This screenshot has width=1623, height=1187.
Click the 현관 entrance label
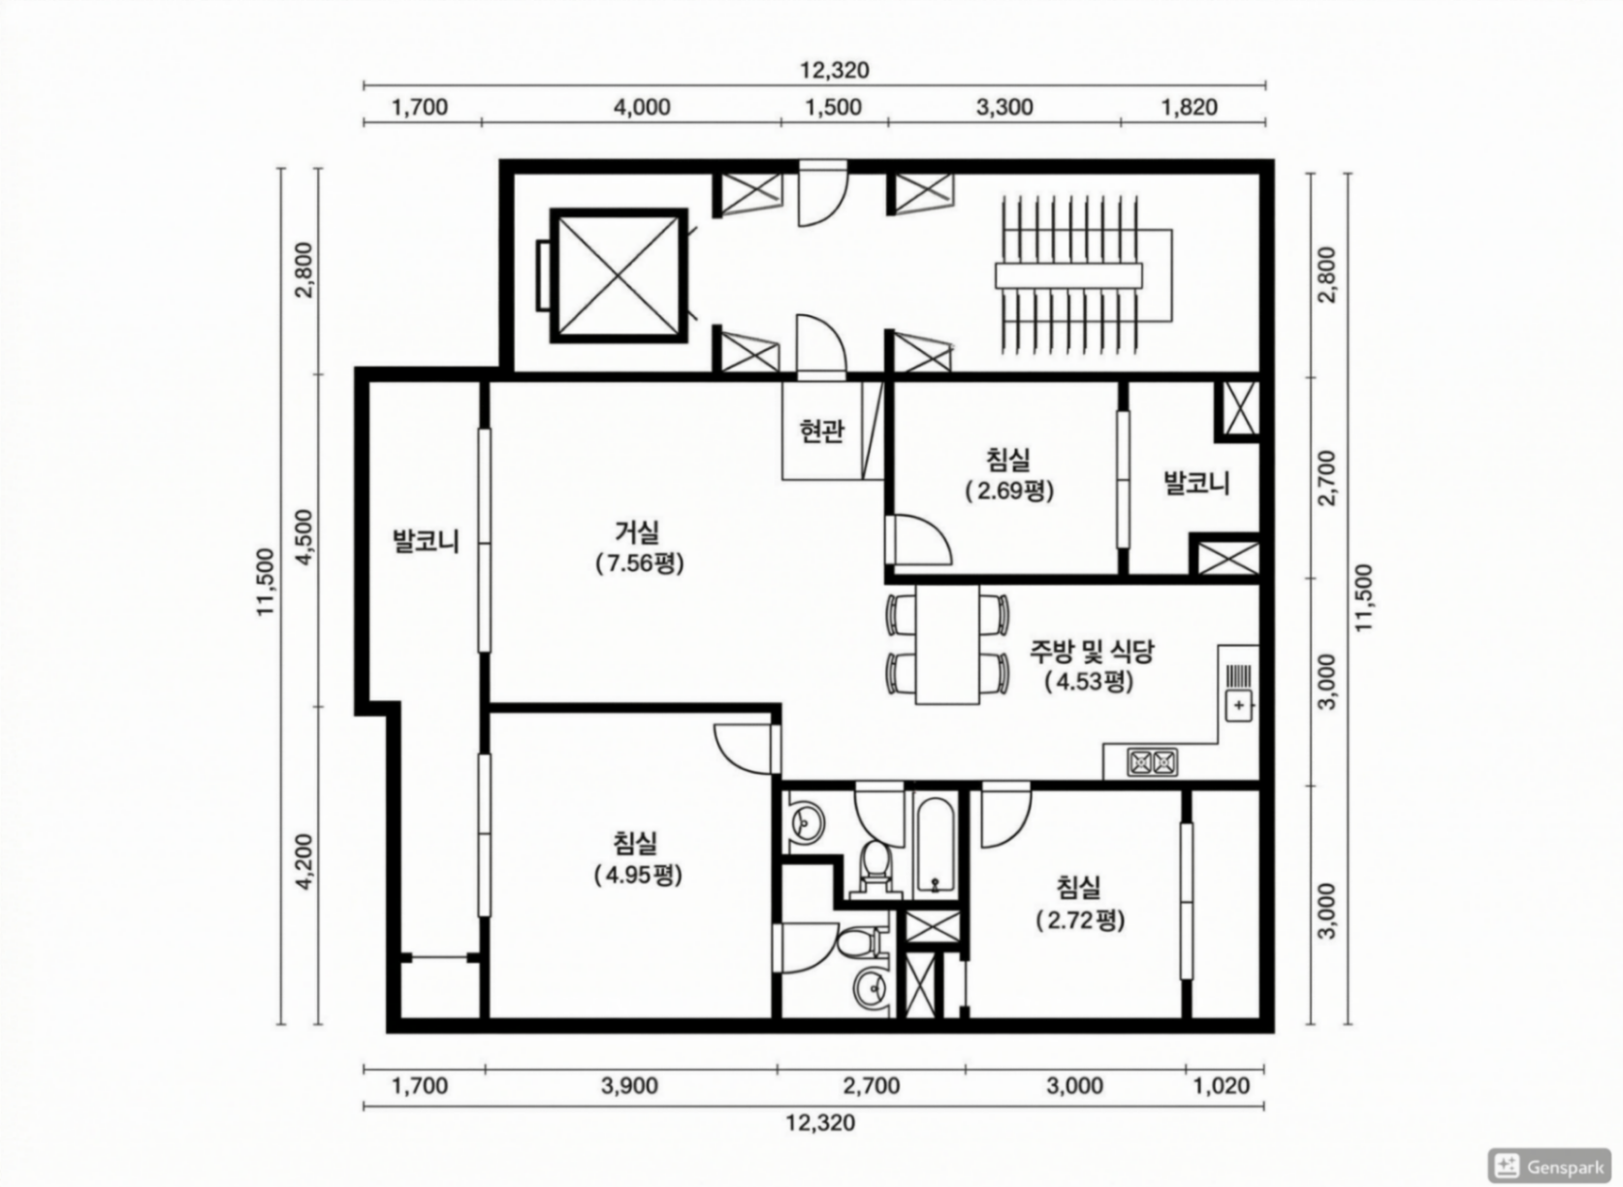pos(821,432)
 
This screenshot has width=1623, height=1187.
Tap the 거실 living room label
pos(638,532)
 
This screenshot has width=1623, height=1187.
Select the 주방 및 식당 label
pos(1091,652)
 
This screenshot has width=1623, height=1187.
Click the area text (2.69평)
pos(1009,492)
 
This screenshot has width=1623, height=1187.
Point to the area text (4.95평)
pos(638,876)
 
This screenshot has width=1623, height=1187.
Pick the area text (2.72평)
pos(1080,920)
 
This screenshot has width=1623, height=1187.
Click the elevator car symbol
pos(618,275)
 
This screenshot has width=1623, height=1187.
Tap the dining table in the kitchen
pos(947,644)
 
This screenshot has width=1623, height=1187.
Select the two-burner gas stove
pos(1152,762)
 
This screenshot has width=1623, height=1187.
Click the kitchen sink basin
pos(1239,705)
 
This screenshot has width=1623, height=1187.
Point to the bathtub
pos(937,845)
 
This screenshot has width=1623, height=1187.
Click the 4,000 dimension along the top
pos(641,108)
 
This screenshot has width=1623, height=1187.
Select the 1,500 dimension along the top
pos(834,108)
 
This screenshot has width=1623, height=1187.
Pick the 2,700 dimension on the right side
pos(1327,478)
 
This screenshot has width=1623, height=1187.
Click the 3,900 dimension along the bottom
pos(629,1085)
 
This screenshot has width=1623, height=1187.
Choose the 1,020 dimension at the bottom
pos(1222,1085)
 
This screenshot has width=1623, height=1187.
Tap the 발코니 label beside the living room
pos(426,541)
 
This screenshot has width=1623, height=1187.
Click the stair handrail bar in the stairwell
pos(1068,275)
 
